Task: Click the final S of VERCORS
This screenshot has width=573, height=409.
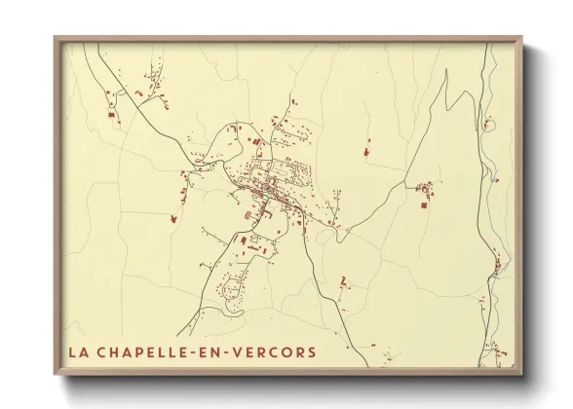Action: [x=312, y=352]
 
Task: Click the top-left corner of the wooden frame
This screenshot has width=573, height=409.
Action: [x=55, y=37]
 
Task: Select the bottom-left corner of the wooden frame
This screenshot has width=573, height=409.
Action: [x=55, y=375]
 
